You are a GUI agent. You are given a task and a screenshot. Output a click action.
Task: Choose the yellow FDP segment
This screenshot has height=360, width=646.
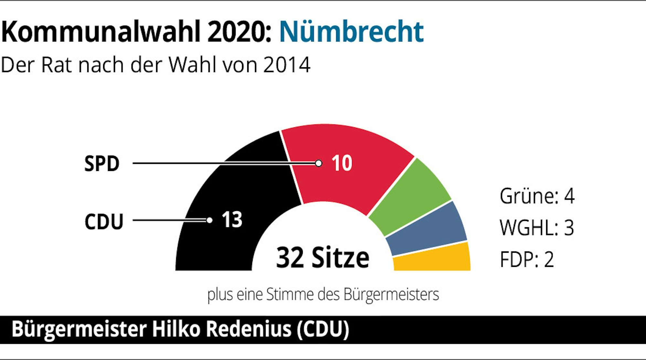(x=433, y=259)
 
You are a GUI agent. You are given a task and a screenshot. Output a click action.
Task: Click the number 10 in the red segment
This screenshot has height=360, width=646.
(x=342, y=163)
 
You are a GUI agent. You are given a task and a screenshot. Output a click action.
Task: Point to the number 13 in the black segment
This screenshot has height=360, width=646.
(x=232, y=220)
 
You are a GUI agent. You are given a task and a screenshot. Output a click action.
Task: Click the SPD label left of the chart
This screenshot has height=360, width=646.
(x=102, y=164)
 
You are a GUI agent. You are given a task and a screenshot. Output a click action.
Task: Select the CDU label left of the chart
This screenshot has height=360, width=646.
(x=104, y=222)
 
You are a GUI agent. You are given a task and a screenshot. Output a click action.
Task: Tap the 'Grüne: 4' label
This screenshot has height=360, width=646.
(x=537, y=196)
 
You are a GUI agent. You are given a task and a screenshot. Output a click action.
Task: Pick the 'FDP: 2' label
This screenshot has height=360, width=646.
(x=527, y=259)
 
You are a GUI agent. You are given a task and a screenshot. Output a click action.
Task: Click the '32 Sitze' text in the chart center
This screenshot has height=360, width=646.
(x=323, y=258)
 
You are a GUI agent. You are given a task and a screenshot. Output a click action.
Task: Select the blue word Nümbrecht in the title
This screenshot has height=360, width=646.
(x=351, y=32)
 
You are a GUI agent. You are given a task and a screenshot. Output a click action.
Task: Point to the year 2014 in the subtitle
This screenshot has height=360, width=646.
(x=287, y=65)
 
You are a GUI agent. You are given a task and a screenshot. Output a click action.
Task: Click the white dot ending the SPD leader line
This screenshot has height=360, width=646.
(x=319, y=163)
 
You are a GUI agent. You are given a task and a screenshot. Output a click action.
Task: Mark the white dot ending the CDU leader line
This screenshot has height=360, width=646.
(x=209, y=220)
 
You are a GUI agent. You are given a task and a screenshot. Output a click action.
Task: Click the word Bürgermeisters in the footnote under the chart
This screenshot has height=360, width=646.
(x=391, y=295)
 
